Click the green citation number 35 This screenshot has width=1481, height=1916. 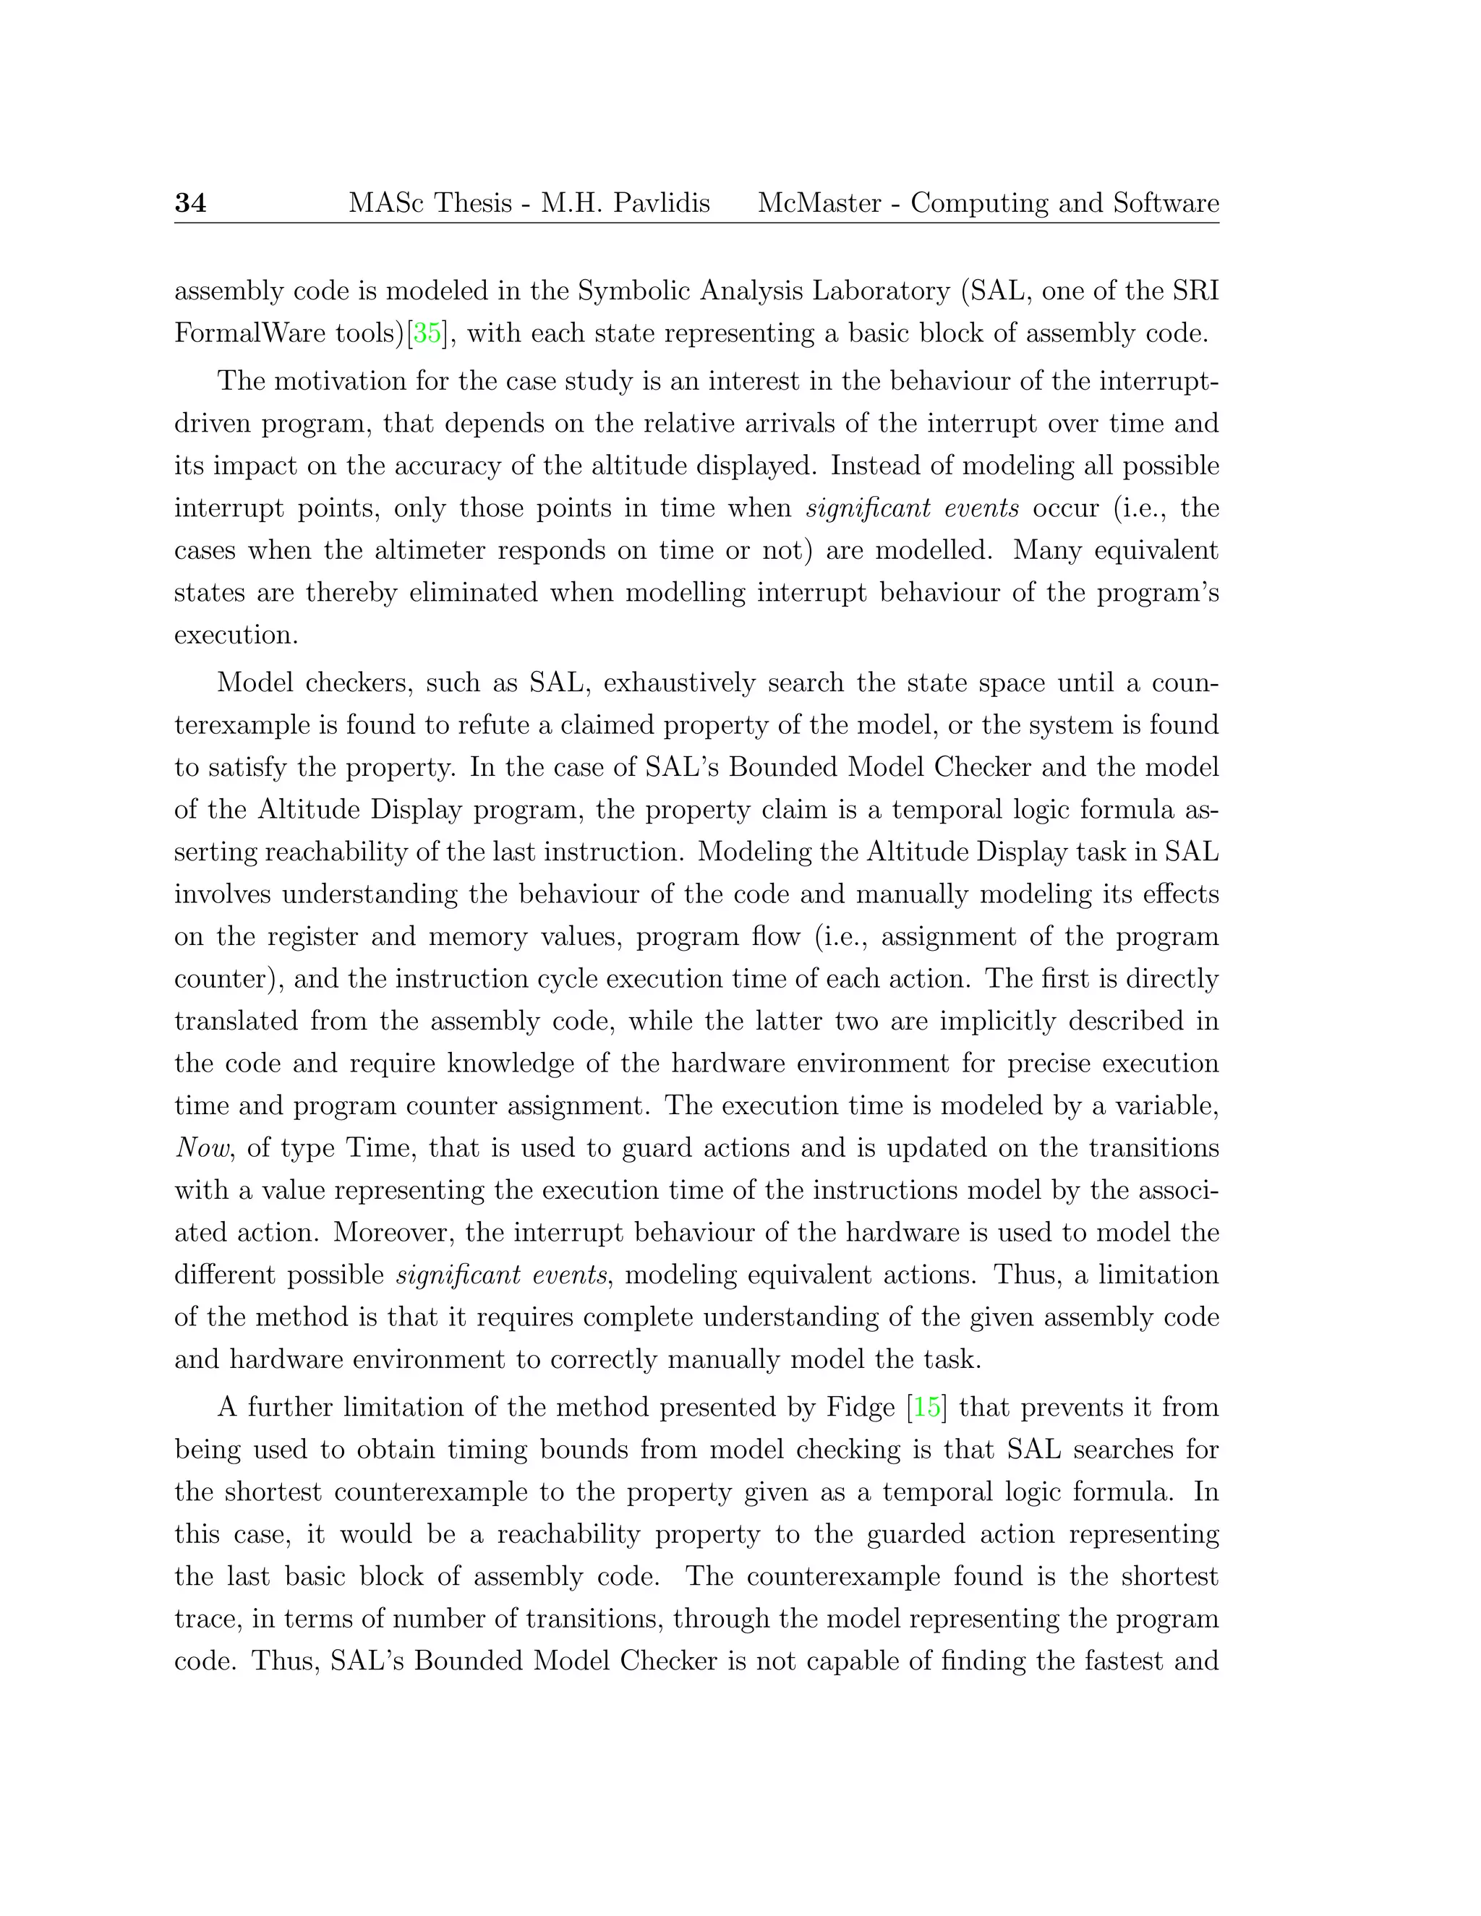427,333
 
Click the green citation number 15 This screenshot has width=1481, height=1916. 926,1407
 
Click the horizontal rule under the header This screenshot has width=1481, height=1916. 696,223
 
